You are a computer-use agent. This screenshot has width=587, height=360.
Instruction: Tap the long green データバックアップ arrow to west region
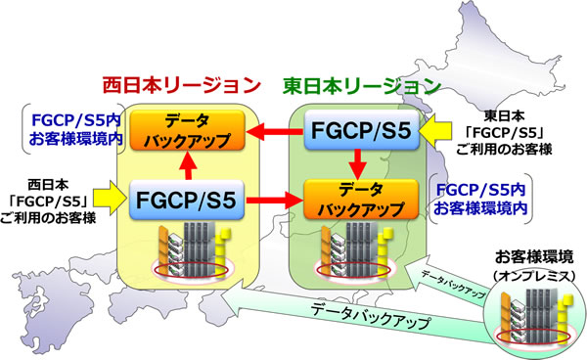352,315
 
